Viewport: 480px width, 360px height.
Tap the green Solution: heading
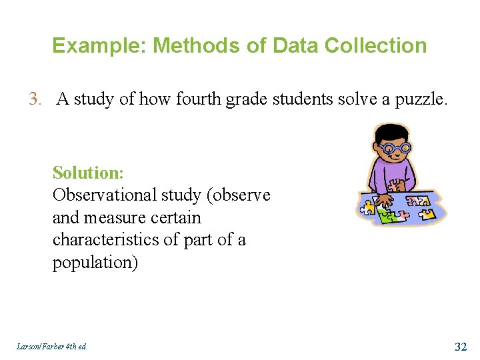88,173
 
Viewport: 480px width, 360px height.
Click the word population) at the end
95,263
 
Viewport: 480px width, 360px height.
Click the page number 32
461,346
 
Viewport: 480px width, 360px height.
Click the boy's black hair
391,131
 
